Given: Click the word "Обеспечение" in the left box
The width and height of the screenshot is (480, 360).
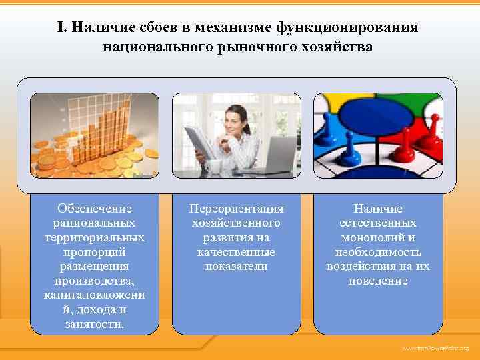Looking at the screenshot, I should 95,208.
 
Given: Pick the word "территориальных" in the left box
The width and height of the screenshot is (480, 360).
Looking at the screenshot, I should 95,237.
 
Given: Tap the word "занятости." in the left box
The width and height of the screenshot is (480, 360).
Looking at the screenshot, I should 95,324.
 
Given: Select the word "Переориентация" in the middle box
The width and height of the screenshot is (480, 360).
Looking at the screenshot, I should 237,208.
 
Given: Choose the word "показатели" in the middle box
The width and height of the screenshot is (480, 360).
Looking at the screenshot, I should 237,266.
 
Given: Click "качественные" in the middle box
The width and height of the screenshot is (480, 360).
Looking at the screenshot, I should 237,252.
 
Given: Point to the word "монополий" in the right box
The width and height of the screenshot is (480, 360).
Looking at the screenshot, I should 378,237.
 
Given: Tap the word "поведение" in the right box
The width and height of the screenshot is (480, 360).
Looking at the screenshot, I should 378,281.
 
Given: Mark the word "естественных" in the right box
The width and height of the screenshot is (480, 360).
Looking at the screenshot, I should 378,223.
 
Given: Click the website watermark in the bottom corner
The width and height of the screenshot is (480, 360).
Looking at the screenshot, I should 435,348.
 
